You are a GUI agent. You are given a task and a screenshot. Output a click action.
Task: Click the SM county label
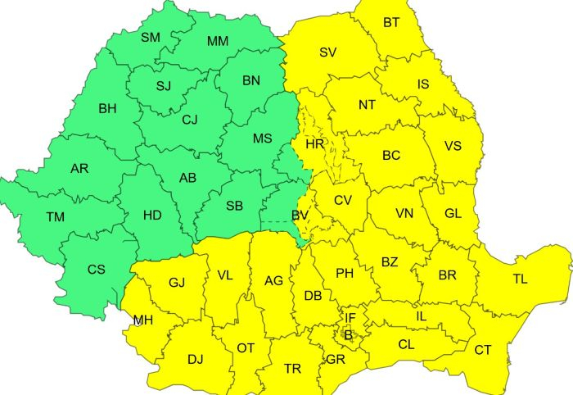click(151, 37)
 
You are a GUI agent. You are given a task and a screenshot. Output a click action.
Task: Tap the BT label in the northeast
click(391, 22)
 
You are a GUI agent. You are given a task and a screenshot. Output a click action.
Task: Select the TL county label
click(520, 279)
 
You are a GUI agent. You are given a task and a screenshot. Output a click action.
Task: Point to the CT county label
click(483, 350)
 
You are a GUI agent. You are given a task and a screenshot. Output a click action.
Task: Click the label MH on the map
click(142, 320)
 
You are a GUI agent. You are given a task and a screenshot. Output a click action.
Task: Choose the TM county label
click(55, 216)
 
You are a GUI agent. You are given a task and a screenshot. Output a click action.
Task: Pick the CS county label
click(96, 269)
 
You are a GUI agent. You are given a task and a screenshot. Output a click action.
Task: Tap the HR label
click(315, 143)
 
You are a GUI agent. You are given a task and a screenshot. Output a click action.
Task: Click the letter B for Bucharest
click(347, 334)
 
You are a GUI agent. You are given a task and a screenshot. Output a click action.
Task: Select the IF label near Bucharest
click(350, 318)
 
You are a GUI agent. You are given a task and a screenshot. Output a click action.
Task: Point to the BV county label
click(300, 215)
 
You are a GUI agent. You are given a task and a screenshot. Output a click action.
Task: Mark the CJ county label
click(190, 120)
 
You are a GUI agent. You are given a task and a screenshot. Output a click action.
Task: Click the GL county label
click(452, 212)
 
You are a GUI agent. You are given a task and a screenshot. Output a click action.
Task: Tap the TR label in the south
click(292, 369)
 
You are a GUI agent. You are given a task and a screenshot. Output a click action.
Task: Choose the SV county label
click(328, 52)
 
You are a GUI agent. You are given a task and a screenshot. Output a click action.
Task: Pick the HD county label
click(152, 215)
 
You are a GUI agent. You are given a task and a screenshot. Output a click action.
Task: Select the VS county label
click(453, 146)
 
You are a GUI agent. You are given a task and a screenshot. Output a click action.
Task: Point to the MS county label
click(262, 138)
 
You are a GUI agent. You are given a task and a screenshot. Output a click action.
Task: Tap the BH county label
click(107, 107)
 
